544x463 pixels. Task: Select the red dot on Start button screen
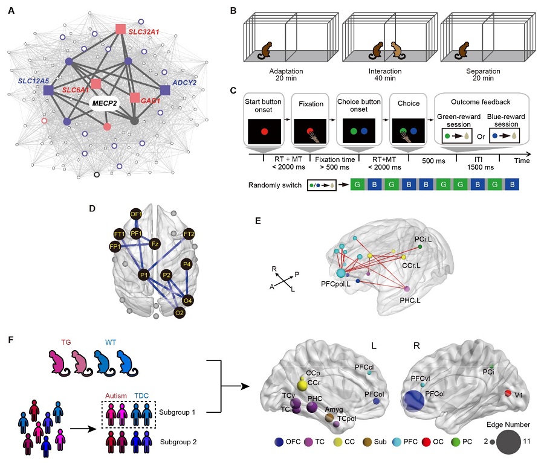pyautogui.click(x=264, y=130)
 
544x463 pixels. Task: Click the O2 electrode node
pyautogui.click(x=180, y=312)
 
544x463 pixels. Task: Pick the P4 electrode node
pyautogui.click(x=187, y=264)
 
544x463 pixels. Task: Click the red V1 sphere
pyautogui.click(x=508, y=394)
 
